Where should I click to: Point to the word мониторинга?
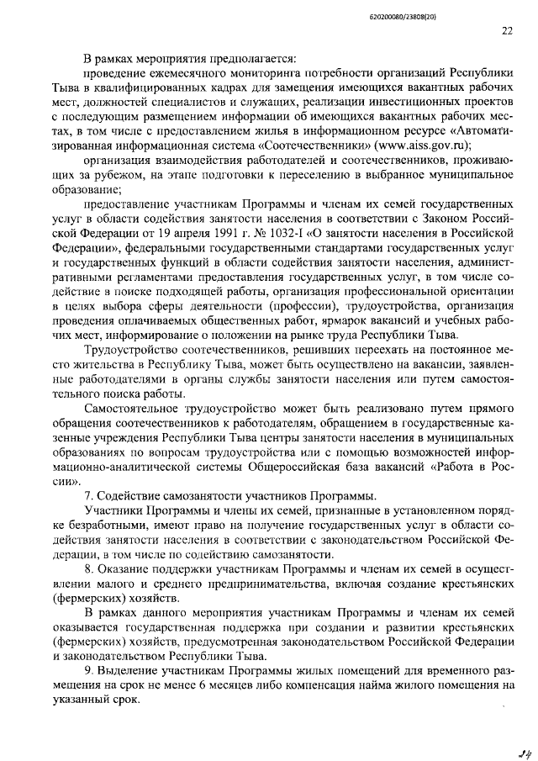(x=257, y=76)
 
